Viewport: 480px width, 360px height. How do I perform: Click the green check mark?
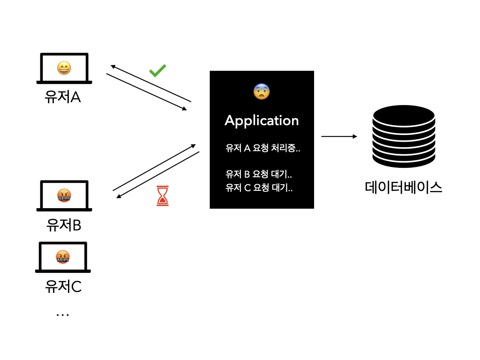coord(157,71)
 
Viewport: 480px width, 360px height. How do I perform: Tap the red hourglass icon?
coord(163,195)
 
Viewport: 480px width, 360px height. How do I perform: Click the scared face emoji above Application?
coord(262,91)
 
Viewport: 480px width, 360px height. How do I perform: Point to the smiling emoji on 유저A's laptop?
coord(64,68)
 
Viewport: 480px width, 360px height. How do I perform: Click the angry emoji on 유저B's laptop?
coord(64,195)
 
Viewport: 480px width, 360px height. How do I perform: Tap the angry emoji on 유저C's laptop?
coord(63,257)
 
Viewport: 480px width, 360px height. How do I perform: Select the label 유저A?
coord(63,97)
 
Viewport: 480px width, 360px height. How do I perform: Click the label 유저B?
coord(64,225)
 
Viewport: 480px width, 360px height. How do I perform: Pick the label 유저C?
coord(63,286)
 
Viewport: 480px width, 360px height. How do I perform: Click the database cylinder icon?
coord(404,136)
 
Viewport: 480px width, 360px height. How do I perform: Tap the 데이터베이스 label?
coord(404,187)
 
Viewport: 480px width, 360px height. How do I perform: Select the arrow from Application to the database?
coord(339,136)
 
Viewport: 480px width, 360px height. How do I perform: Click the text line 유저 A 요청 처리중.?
coord(262,148)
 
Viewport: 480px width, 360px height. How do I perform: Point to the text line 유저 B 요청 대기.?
coord(259,174)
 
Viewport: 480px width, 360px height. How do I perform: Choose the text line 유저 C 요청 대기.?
coord(259,187)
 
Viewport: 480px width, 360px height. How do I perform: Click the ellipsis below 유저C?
coord(63,315)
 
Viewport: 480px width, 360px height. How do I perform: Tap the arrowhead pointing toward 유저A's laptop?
coord(112,67)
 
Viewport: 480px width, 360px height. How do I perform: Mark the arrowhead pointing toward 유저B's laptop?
coord(119,196)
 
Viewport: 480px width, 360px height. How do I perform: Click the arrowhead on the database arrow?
coord(355,136)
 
